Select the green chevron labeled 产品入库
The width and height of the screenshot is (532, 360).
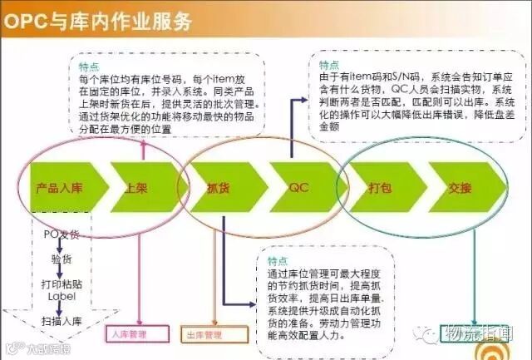pyautogui.click(x=58, y=189)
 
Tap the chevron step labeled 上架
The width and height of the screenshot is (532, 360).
pyautogui.click(x=137, y=189)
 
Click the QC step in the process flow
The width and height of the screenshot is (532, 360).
pyautogui.click(x=298, y=189)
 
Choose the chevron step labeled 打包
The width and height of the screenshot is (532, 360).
pyautogui.click(x=380, y=189)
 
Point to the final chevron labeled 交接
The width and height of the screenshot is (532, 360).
pyautogui.click(x=459, y=189)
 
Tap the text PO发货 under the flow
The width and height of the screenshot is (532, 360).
pyautogui.click(x=62, y=234)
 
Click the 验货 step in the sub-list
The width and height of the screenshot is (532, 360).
pyautogui.click(x=62, y=259)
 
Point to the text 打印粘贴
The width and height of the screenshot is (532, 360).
pyautogui.click(x=63, y=284)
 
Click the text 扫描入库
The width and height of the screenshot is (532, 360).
pyautogui.click(x=63, y=322)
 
